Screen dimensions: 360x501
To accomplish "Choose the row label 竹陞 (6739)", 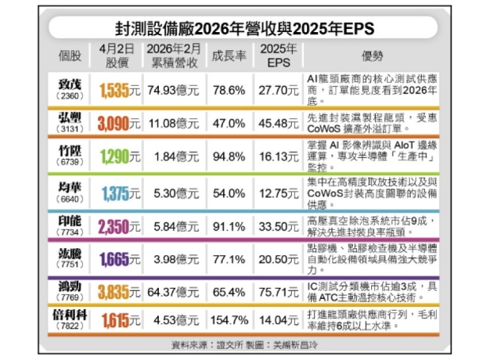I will coord(70,157).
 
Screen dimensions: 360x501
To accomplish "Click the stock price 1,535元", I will coord(120,91).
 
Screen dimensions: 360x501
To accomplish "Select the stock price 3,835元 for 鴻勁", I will coord(120,292).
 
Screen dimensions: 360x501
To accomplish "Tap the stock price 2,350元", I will coord(120,225).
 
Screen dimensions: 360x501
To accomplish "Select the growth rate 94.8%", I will coord(229,157).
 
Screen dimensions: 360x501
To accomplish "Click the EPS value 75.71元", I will coord(278,292).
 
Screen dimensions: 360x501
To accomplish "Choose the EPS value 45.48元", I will coord(278,124).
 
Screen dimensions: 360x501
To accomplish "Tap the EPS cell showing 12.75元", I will coord(278,192).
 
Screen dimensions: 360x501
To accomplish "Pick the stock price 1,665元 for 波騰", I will coord(120,259).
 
